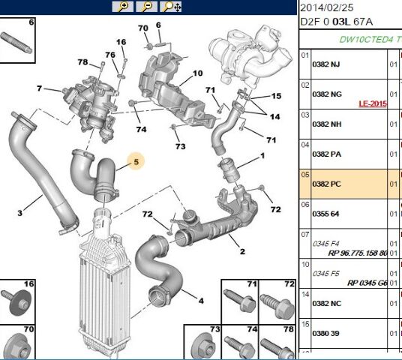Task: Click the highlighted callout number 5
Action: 136,160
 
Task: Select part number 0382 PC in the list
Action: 326,184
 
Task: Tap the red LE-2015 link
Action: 373,103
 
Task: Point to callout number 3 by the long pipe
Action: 19,213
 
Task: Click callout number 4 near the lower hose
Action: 200,301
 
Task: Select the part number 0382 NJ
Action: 326,65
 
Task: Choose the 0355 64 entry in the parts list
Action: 325,214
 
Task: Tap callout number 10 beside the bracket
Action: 197,73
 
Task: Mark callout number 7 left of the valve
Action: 38,89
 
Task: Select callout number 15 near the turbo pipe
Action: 276,97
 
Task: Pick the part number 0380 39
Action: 325,334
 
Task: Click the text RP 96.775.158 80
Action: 357,253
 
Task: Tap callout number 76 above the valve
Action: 110,55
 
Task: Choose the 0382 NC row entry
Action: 326,304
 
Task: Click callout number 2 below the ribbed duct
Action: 241,251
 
